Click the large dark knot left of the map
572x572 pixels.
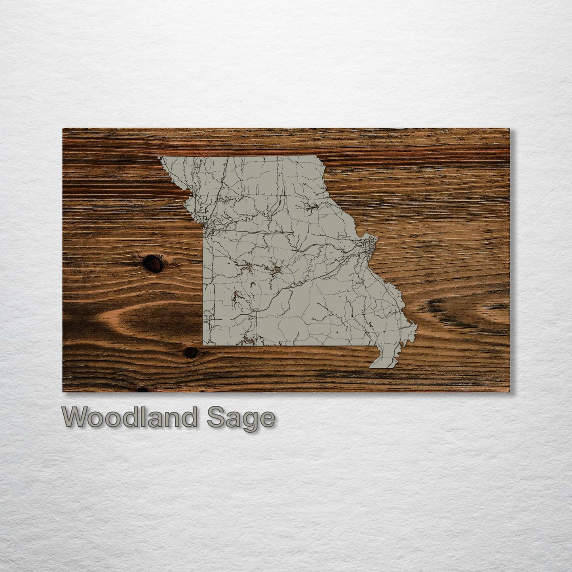152,263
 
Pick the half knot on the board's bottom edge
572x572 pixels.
142,390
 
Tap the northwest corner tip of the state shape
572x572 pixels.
159,158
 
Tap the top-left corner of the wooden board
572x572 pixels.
63,129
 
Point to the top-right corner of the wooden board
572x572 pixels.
509,129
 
